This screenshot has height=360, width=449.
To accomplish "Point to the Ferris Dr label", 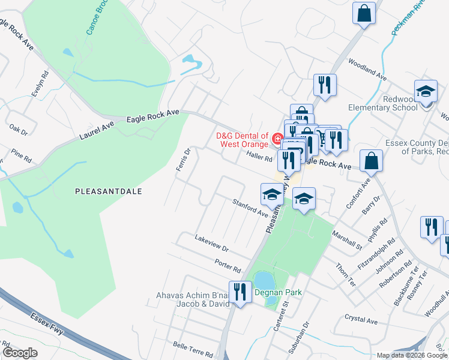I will coord(182,160).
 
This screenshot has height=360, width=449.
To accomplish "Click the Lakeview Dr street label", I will coord(211,243).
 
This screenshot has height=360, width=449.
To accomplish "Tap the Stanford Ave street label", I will coord(250,208).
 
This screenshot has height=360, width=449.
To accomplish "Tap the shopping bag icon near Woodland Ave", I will coord(364,13).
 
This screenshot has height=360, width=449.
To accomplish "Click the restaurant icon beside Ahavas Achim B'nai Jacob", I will coord(240,292).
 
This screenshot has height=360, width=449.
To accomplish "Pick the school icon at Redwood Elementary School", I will coord(426,92).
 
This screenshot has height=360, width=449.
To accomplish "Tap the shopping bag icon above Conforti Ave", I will coord(372,161).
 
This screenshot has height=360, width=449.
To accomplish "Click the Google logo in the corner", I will coord(20,352).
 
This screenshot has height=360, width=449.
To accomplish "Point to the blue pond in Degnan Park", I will coord(262,280).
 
